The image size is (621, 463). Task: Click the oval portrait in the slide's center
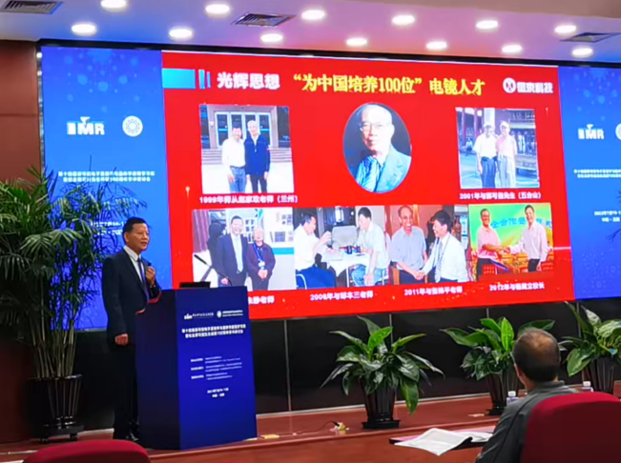377,148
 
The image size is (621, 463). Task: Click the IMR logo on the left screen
86,127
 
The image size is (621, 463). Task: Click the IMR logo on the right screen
591,131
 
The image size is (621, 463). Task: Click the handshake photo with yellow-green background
510,242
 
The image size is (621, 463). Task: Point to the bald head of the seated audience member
537,353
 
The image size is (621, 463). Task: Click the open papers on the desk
444,439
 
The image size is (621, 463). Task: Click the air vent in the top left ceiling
29,7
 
